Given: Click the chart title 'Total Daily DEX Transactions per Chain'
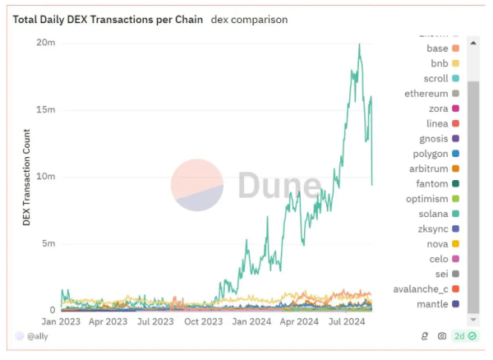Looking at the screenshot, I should [x=108, y=19].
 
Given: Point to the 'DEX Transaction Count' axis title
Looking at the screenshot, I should [x=27, y=176].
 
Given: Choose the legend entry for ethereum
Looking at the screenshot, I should [x=426, y=94].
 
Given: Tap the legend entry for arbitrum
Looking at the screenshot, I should [x=428, y=168].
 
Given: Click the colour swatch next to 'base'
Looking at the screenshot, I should [x=455, y=48].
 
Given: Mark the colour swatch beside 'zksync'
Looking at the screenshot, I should [x=455, y=229].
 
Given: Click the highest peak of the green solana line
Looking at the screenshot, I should [x=359, y=44].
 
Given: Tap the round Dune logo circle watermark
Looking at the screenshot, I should [x=197, y=185].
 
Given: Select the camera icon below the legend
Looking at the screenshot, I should [x=442, y=336].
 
